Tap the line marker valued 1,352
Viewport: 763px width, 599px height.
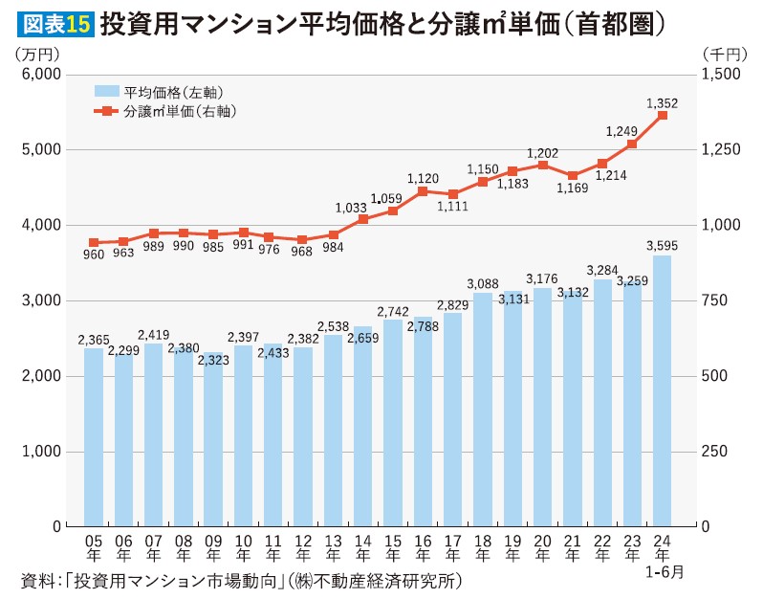tap(662, 116)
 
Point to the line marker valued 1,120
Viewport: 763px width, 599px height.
tap(423, 191)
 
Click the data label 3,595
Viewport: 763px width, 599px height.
tap(662, 245)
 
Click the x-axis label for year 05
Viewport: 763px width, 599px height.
tap(93, 547)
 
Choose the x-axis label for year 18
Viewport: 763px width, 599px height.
tap(482, 547)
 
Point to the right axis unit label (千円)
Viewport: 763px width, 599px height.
tap(724, 53)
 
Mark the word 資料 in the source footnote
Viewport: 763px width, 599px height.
tap(33, 581)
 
